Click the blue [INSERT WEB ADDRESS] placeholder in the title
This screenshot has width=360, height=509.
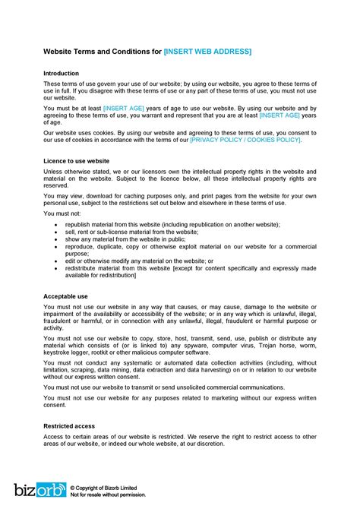point(207,52)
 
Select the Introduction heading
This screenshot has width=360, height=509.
point(61,74)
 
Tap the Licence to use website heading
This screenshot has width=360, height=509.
point(77,161)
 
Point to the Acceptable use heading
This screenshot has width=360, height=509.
point(66,296)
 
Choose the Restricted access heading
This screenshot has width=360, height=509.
point(70,427)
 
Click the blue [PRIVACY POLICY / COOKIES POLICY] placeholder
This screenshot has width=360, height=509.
point(245,141)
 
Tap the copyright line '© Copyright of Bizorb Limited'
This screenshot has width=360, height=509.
point(108,487)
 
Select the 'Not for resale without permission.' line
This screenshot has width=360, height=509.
point(108,495)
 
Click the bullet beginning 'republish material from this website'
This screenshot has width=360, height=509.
point(172,225)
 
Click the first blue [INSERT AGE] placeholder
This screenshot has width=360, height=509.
point(124,109)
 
